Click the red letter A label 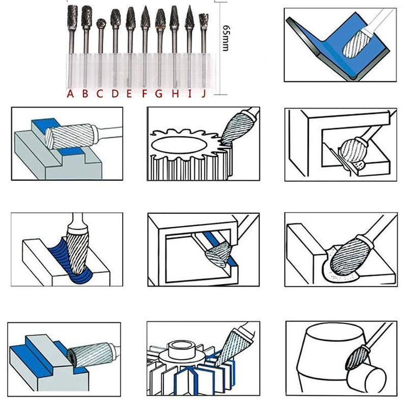point(70,93)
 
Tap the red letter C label point(100,93)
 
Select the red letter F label point(144,93)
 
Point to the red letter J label point(203,93)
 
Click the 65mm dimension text point(226,38)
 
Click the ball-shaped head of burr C point(101,24)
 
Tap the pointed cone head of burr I point(189,17)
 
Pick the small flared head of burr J point(203,20)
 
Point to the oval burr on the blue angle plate point(357,43)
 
